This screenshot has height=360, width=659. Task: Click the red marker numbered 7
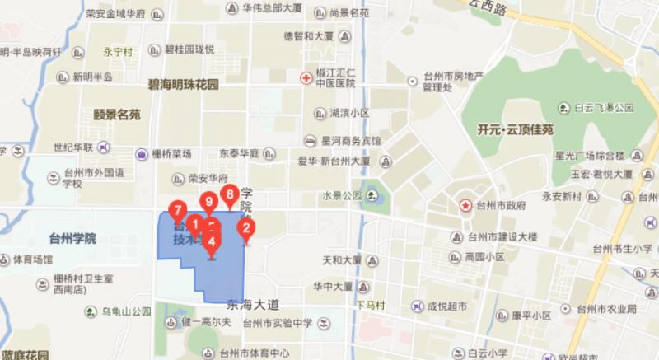pos(175,209)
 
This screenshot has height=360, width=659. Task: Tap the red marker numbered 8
pos(231,194)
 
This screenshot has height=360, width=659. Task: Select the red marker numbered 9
pos(209,200)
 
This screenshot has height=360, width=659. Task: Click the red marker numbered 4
pos(212,242)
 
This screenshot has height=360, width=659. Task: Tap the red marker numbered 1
pos(194,222)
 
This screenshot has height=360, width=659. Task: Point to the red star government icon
pos(465,205)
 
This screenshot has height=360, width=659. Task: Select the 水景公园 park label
pos(343,196)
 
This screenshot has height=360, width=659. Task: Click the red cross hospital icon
pos(306,77)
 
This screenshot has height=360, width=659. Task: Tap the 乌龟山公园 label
pos(126,311)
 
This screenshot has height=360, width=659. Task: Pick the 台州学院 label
pos(72,238)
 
